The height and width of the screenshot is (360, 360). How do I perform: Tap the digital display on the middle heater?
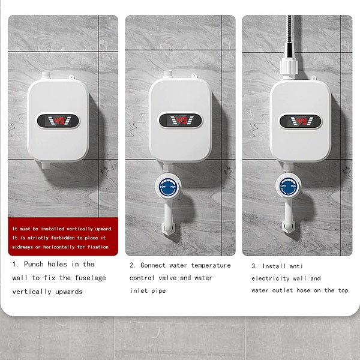[x=180, y=121]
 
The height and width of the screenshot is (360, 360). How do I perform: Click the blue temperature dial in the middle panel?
[x=167, y=187]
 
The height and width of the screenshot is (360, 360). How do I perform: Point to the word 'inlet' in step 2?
[x=139, y=291]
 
